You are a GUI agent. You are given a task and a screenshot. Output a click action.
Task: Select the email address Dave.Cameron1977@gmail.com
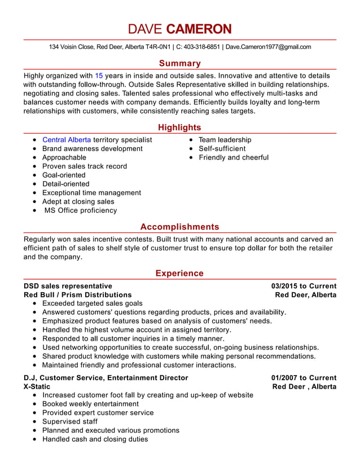269,47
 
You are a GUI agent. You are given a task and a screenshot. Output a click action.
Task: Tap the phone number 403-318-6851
201,47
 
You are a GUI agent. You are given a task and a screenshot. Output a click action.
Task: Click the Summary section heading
179,64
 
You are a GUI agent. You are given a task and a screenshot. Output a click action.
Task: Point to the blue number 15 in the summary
99,75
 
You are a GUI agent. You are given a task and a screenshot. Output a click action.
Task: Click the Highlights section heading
179,128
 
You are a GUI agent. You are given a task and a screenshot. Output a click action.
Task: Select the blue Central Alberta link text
67,140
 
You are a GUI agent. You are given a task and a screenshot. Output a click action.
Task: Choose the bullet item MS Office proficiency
81,210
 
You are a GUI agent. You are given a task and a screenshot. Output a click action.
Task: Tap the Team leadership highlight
225,140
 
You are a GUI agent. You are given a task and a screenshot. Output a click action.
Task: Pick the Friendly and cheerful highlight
234,157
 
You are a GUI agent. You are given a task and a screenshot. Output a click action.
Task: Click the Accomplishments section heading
179,227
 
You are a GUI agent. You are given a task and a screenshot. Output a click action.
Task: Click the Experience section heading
179,274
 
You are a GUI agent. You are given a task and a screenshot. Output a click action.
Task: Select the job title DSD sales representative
68,286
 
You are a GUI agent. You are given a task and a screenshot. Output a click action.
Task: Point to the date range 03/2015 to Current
304,286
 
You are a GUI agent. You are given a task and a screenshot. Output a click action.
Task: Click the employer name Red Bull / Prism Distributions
77,294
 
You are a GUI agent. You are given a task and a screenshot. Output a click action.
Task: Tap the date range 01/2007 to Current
304,378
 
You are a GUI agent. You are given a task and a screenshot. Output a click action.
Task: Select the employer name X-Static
37,386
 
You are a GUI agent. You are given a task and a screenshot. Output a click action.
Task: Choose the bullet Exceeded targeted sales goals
93,304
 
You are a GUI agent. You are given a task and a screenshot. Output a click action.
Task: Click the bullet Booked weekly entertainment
90,404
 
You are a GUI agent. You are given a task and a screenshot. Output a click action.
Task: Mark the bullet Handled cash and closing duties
95,439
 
